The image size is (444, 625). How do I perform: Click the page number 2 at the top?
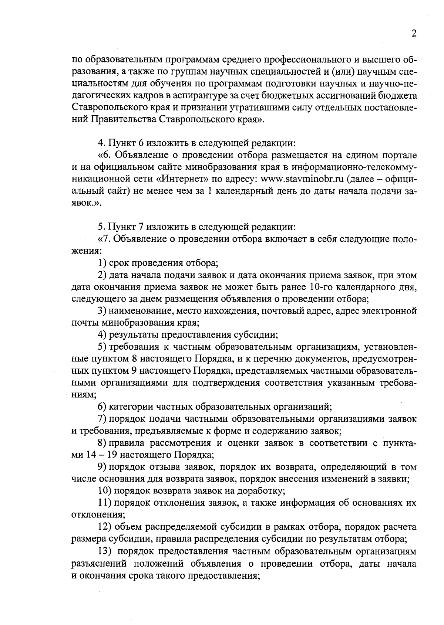coord(414,34)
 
